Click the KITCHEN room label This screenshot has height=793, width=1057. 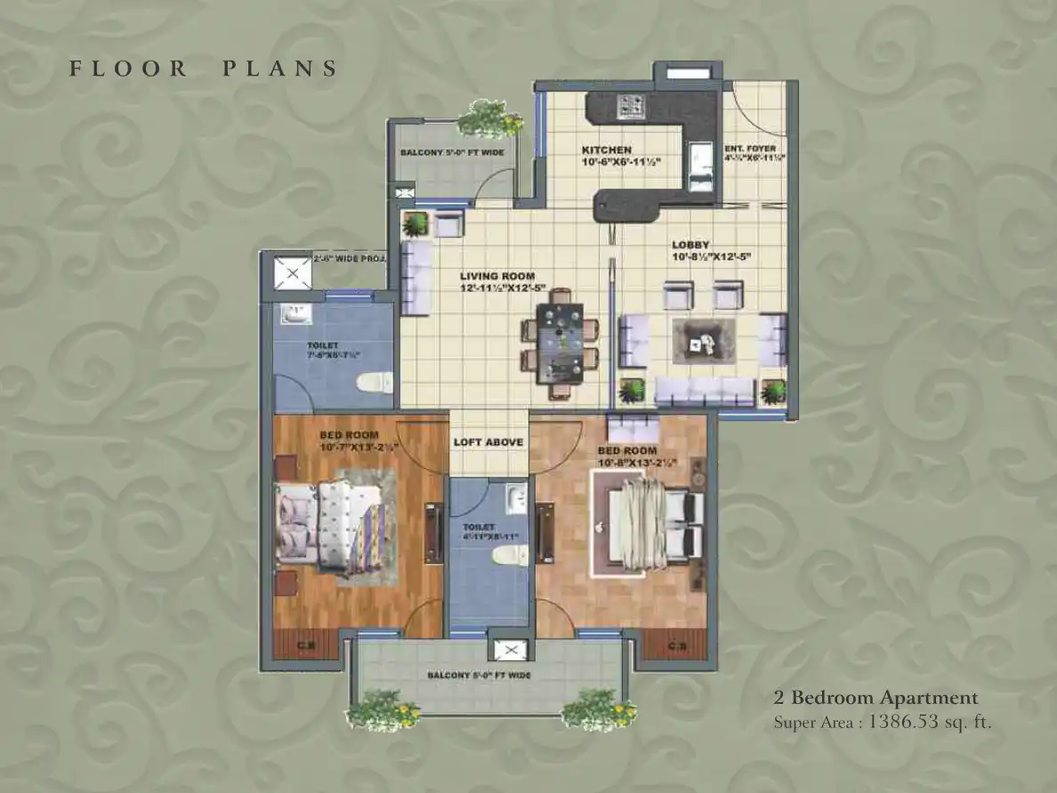click(607, 150)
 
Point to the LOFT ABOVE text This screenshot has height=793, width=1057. click(488, 442)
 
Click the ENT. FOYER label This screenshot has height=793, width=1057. click(750, 149)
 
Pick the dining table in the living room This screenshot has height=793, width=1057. click(560, 344)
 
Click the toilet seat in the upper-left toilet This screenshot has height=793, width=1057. click(374, 382)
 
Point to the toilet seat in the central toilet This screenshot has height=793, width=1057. click(508, 555)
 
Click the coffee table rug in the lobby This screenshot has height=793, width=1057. click(705, 339)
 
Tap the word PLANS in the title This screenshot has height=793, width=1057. click(279, 69)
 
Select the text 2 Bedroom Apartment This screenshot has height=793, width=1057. click(875, 698)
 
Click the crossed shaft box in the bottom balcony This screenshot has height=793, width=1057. click(509, 651)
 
